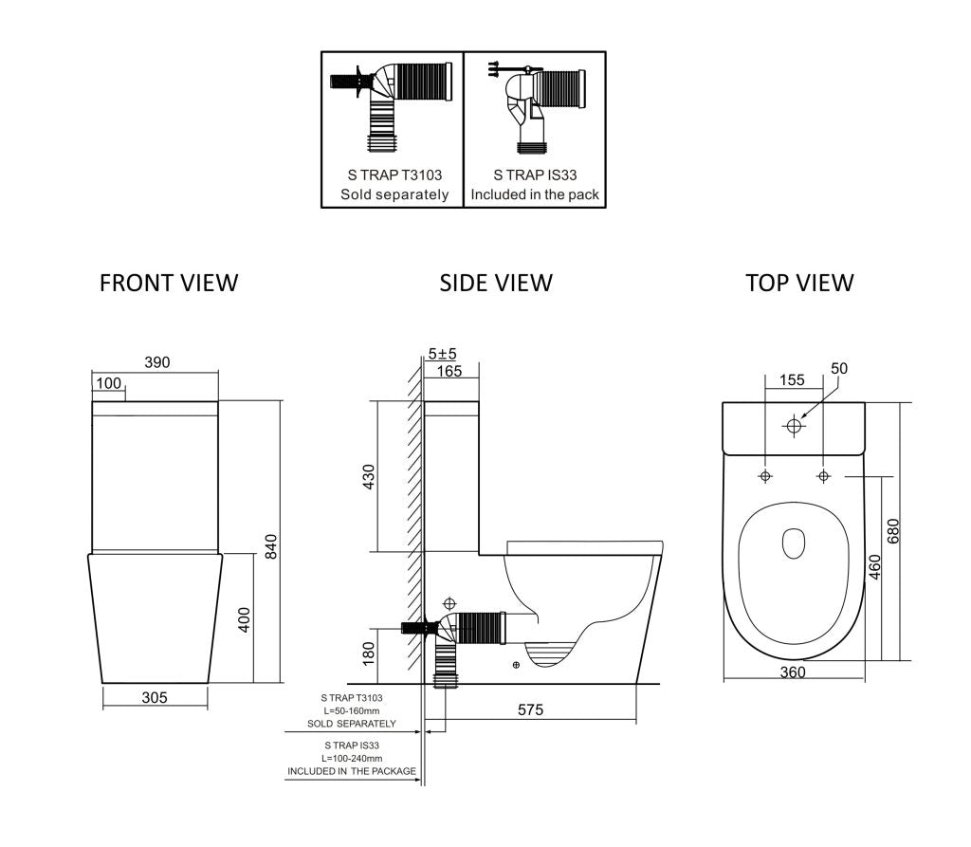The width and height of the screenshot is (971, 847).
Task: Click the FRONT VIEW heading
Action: click(x=169, y=283)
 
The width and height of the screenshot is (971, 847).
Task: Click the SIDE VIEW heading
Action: click(x=496, y=283)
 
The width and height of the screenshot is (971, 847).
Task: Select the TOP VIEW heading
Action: click(x=799, y=283)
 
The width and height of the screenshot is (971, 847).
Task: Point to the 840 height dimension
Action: click(x=270, y=547)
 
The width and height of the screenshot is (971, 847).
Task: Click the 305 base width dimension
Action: click(x=155, y=698)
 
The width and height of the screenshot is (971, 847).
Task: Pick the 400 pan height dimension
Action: click(x=243, y=620)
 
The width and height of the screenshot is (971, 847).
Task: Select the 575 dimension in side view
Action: click(x=531, y=709)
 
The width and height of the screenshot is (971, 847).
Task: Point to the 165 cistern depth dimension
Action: click(x=449, y=372)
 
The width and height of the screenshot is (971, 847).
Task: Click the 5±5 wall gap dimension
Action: click(x=442, y=354)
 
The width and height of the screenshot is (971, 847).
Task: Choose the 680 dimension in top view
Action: click(x=892, y=531)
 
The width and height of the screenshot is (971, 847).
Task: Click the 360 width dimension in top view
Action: click(x=793, y=672)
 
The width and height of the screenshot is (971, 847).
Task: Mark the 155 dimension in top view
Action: click(x=792, y=380)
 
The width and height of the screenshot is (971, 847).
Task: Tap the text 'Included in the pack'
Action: click(x=535, y=194)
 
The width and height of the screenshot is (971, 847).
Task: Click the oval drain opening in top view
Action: click(x=794, y=543)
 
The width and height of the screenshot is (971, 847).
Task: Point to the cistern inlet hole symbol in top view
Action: click(x=795, y=426)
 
